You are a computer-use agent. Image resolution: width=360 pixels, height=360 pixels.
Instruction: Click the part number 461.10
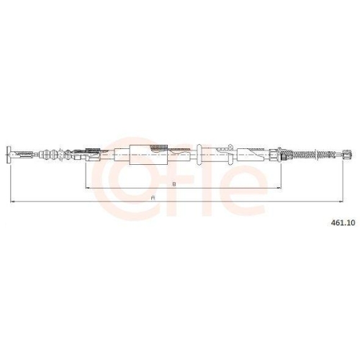343,222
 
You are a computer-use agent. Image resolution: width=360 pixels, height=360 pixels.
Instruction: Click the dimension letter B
174,184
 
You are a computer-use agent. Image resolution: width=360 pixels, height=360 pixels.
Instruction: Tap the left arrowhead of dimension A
13,202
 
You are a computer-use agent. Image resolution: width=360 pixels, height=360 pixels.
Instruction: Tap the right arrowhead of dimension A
341,202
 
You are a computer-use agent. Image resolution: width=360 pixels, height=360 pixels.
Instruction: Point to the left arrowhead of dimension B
88,188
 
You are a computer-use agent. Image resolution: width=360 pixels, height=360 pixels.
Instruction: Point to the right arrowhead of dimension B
279,188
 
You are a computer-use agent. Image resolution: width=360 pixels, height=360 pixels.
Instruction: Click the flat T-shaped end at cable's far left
9,155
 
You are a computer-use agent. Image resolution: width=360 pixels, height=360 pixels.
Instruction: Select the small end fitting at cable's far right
348,154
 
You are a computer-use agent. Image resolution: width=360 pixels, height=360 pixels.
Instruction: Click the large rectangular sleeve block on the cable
148,155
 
